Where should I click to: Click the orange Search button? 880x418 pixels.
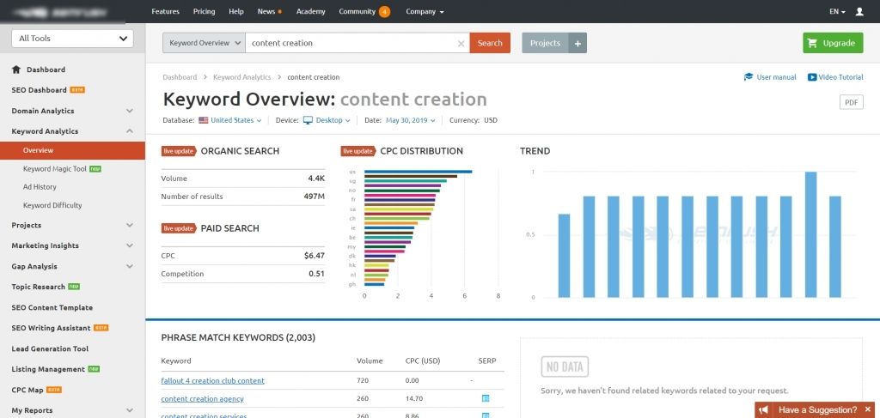pos(490,43)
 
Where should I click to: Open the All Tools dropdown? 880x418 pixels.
pos(72,38)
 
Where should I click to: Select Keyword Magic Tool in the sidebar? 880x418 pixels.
pos(55,169)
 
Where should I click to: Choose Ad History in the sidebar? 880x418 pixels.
pos(40,186)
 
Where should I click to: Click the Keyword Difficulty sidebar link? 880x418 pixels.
pos(52,205)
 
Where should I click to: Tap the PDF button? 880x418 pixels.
pos(851,102)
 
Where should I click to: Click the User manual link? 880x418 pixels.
pos(771,77)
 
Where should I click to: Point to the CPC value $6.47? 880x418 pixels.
pos(314,256)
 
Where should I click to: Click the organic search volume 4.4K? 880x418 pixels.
pos(316,179)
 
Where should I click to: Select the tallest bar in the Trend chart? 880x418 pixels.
pos(810,234)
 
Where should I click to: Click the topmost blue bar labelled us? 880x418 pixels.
pos(418,172)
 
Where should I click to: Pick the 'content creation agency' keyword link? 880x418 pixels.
pos(202,398)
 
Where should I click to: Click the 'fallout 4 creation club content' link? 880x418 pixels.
pos(212,380)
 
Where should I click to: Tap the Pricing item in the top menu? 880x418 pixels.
pos(205,12)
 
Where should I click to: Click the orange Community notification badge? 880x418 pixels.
pos(384,12)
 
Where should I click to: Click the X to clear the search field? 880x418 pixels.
pos(461,43)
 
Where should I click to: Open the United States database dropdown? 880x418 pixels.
pos(230,120)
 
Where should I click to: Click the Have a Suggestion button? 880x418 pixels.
pos(816,409)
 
